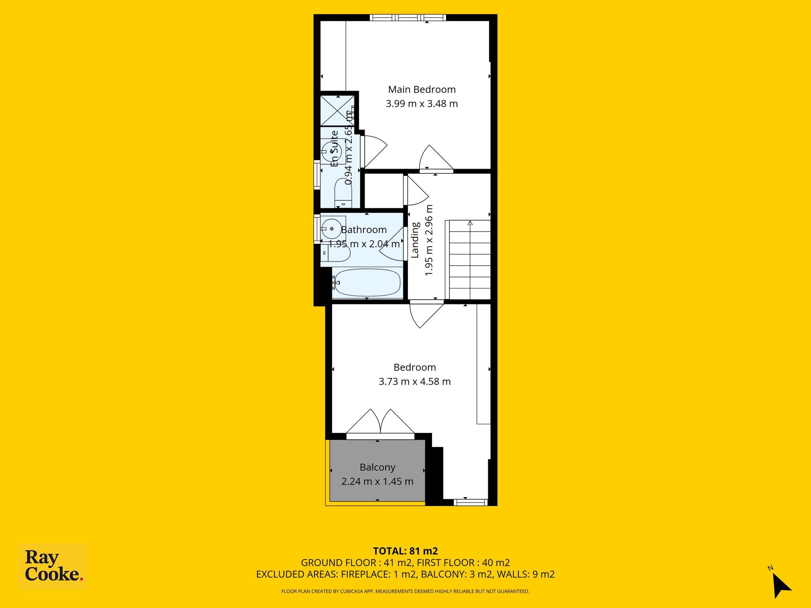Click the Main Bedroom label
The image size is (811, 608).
pos(422,89)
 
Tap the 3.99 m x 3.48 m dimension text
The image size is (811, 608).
pos(422,104)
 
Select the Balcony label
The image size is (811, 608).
pos(377,467)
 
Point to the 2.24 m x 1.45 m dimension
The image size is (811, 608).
pos(377,482)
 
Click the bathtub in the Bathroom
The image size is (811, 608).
pos(366,283)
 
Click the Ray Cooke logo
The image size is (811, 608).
pos(53,567)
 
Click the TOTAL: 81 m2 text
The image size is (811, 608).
pos(405,551)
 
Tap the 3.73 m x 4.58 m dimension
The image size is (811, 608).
pos(415,382)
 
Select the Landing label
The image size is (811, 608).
pos(415,240)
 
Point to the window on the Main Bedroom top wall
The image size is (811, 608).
pos(408,17)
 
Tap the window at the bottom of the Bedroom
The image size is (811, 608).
pos(470,502)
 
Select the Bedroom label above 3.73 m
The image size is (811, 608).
pos(415,367)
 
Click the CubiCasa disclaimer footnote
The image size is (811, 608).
pos(405,591)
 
